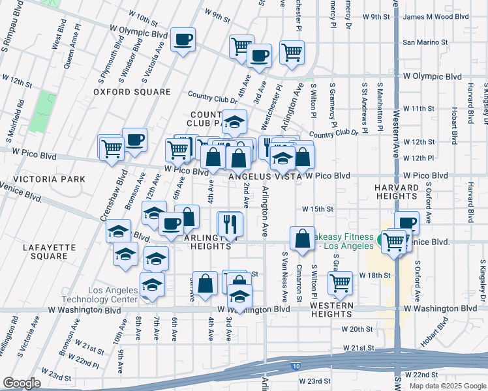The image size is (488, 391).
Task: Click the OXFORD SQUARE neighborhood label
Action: pyautogui.click(x=131, y=92)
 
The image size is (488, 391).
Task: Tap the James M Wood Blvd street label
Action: pyautogui.click(x=445, y=17)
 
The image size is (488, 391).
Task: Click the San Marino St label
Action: pyautogui.click(x=425, y=42)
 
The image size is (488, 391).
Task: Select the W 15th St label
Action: pyautogui.click(x=318, y=209)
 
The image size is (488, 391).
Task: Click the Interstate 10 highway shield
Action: pyautogui.click(x=296, y=368)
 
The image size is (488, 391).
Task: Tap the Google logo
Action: pyautogui.click(x=23, y=383)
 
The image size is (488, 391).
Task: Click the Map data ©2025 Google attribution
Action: pyautogui.click(x=448, y=386)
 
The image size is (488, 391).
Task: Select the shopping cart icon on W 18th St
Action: pyautogui.click(x=340, y=283)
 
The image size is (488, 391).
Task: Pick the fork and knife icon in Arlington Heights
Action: pyautogui.click(x=230, y=224)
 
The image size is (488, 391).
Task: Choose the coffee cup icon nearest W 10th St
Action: pyautogui.click(x=183, y=38)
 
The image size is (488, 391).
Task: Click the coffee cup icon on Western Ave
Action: pyautogui.click(x=407, y=223)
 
